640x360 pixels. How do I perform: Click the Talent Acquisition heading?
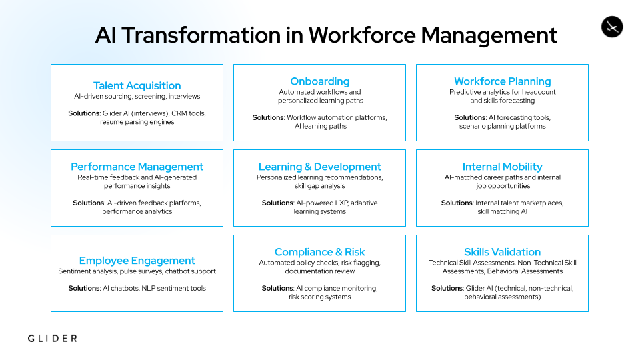(x=137, y=86)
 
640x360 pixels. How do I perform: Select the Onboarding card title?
(x=319, y=81)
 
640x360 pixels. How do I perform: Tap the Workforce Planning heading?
(x=503, y=81)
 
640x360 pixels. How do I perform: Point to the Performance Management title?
(x=137, y=167)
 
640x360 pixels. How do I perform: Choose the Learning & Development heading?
(x=319, y=167)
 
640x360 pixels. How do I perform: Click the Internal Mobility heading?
(x=503, y=167)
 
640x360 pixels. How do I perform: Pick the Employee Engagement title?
(x=137, y=261)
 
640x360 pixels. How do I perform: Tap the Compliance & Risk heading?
(x=319, y=252)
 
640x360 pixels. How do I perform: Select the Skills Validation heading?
(x=503, y=252)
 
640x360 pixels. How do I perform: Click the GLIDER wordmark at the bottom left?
(x=52, y=339)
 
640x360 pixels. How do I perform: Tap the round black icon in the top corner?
(x=612, y=27)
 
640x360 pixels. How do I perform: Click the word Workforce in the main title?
(x=362, y=35)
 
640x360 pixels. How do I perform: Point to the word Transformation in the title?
(x=201, y=35)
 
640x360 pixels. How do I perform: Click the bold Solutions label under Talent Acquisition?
(x=84, y=113)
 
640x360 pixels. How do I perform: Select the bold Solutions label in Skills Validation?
(x=447, y=288)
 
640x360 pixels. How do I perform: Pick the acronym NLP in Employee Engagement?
(x=148, y=288)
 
